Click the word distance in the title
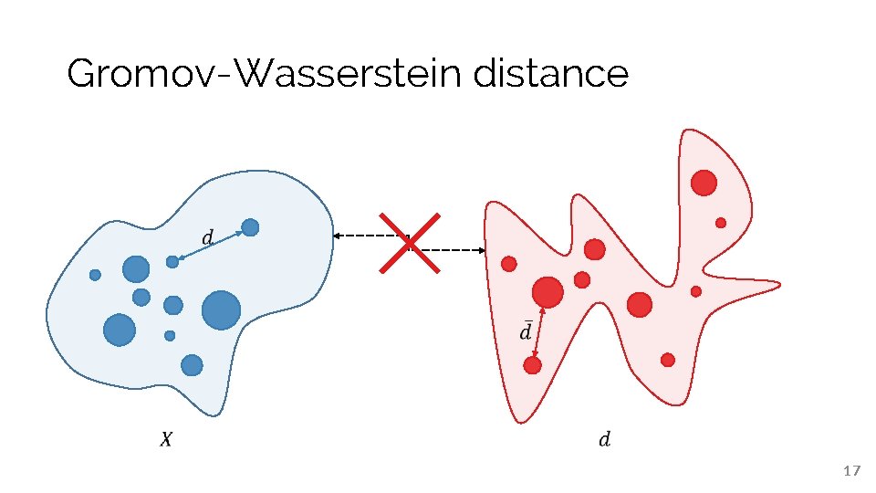click(x=551, y=74)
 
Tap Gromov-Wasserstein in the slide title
click(x=266, y=74)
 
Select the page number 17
click(x=851, y=471)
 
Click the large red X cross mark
click(x=410, y=243)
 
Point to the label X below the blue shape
click(x=165, y=440)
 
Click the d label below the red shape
click(x=604, y=440)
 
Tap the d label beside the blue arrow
click(x=207, y=238)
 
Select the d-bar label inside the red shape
click(x=525, y=330)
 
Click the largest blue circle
click(x=221, y=310)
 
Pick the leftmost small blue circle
click(x=95, y=274)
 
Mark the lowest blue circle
click(x=192, y=365)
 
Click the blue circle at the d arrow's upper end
click(x=250, y=226)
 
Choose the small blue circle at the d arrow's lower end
click(x=172, y=262)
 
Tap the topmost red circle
click(x=704, y=183)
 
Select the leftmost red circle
click(x=509, y=264)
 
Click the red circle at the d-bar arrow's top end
click(x=547, y=291)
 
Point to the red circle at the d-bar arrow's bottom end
click(x=533, y=365)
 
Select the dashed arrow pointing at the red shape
click(x=452, y=249)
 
